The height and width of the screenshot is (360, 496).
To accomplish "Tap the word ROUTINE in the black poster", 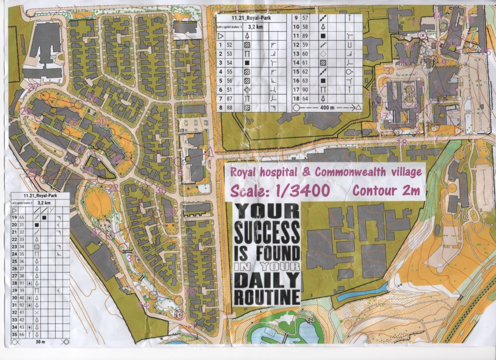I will tap(267, 296).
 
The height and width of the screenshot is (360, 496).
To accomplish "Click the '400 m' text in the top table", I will tap(325, 108).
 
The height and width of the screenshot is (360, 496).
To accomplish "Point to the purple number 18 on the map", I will tap(402, 142).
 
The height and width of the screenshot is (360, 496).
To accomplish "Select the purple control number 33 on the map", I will tap(170, 212).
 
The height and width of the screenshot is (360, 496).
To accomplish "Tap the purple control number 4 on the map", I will tap(368, 94).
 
